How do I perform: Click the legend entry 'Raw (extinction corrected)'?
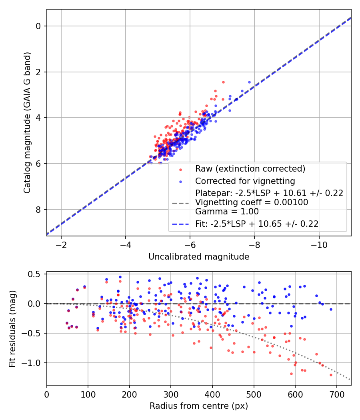click(250, 168)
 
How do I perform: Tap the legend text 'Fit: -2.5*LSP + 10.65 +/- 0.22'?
click(257, 224)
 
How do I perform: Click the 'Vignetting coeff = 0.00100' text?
click(252, 202)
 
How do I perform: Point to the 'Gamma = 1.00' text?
click(227, 212)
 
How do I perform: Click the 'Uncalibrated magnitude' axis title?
click(199, 256)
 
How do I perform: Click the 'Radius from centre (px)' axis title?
click(199, 406)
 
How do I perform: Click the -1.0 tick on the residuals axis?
click(34, 363)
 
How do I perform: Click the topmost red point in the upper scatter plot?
click(223, 82)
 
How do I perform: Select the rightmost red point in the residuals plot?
click(331, 375)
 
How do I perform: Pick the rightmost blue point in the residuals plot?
click(331, 309)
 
